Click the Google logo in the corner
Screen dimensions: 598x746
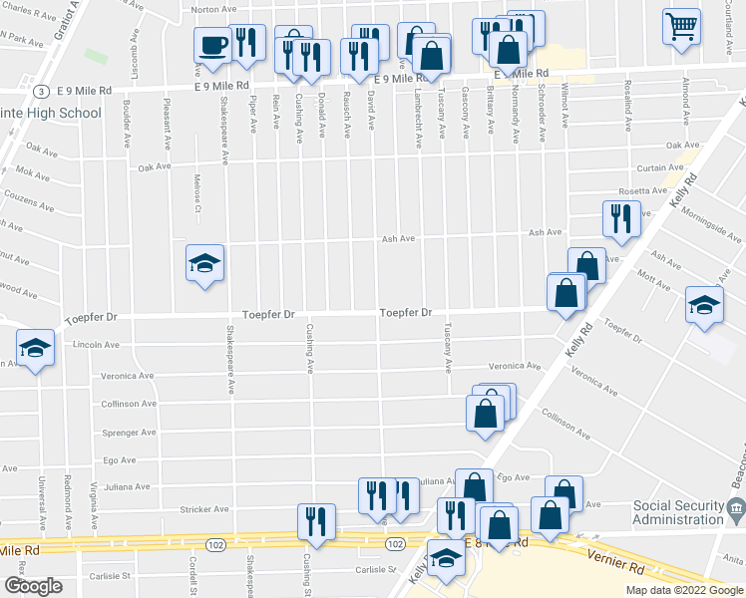click(33, 586)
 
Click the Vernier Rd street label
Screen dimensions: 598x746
click(615, 563)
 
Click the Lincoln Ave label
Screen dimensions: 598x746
click(96, 345)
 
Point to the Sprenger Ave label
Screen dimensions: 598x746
click(130, 433)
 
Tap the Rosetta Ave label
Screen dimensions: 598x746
click(642, 190)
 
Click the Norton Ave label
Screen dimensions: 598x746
click(213, 9)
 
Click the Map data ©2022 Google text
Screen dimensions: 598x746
click(683, 590)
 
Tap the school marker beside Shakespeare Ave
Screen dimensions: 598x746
click(204, 264)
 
